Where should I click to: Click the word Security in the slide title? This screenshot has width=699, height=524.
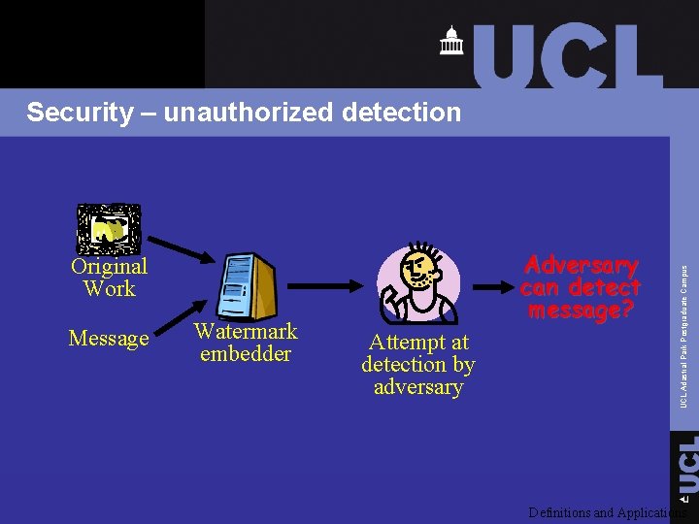pyautogui.click(x=79, y=113)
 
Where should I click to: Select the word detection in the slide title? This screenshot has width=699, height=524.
pyautogui.click(x=401, y=113)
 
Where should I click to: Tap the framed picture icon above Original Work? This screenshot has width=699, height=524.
pyautogui.click(x=109, y=228)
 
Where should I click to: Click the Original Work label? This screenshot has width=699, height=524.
pyautogui.click(x=109, y=278)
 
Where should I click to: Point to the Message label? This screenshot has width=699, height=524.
pyautogui.click(x=109, y=339)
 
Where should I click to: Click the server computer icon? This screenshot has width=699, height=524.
pyautogui.click(x=249, y=286)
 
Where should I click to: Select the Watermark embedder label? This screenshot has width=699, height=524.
pyautogui.click(x=246, y=343)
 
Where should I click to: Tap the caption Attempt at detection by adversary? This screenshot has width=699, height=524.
pyautogui.click(x=417, y=365)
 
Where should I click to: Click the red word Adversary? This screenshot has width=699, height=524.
pyautogui.click(x=581, y=266)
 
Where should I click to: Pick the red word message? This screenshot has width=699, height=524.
pyautogui.click(x=581, y=311)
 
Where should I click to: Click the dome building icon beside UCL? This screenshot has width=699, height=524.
pyautogui.click(x=451, y=41)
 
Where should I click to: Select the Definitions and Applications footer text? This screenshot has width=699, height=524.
pyautogui.click(x=607, y=512)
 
